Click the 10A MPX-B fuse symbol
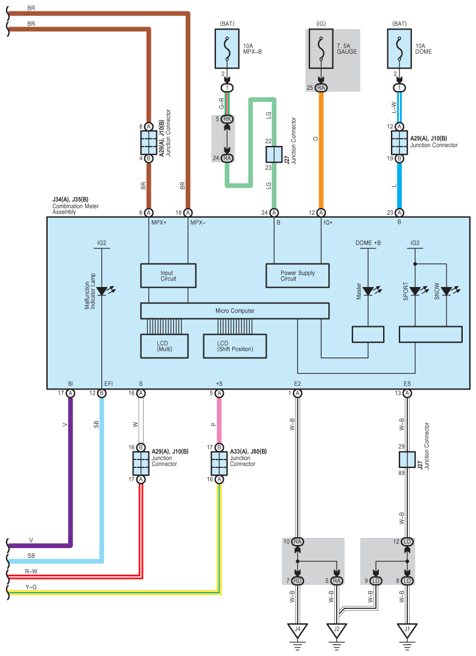pos(227,48)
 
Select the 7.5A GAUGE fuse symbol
pos(321,48)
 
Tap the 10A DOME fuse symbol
pos(399,48)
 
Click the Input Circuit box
pos(168,276)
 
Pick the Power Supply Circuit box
pos(297,276)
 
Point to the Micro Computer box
pos(235,311)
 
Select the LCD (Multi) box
pos(164,346)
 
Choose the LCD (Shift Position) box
pos(235,346)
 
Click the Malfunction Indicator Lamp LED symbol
pos(103,291)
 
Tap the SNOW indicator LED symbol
pos(448,291)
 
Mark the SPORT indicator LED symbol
pos(417,291)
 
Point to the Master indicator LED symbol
pos(370,291)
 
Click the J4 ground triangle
pos(297,630)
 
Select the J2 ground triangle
pos(337,630)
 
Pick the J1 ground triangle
pos(407,630)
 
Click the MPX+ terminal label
pos(159,222)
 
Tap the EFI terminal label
pos(109,383)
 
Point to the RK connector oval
pos(227,119)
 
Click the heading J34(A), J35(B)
pos(71,200)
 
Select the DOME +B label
pos(368,242)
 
